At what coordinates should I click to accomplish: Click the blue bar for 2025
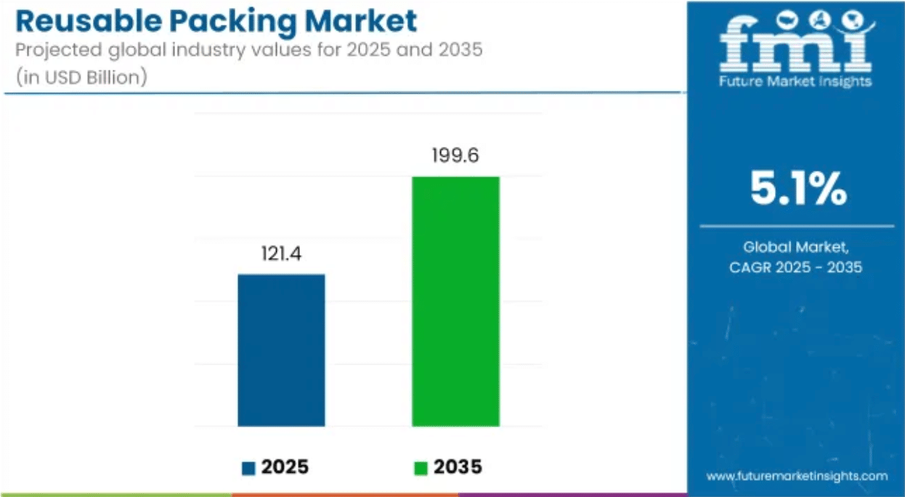tap(281, 349)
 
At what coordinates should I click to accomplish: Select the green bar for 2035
tap(455, 301)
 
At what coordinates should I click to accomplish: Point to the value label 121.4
tap(281, 255)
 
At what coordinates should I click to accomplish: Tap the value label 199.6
tap(455, 156)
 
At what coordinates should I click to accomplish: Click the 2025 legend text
tap(285, 467)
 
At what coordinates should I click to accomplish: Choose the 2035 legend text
tap(458, 467)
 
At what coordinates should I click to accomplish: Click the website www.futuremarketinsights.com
tap(797, 476)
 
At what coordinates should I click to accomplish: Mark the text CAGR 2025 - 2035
tap(795, 267)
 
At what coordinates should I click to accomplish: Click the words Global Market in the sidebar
tap(795, 247)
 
